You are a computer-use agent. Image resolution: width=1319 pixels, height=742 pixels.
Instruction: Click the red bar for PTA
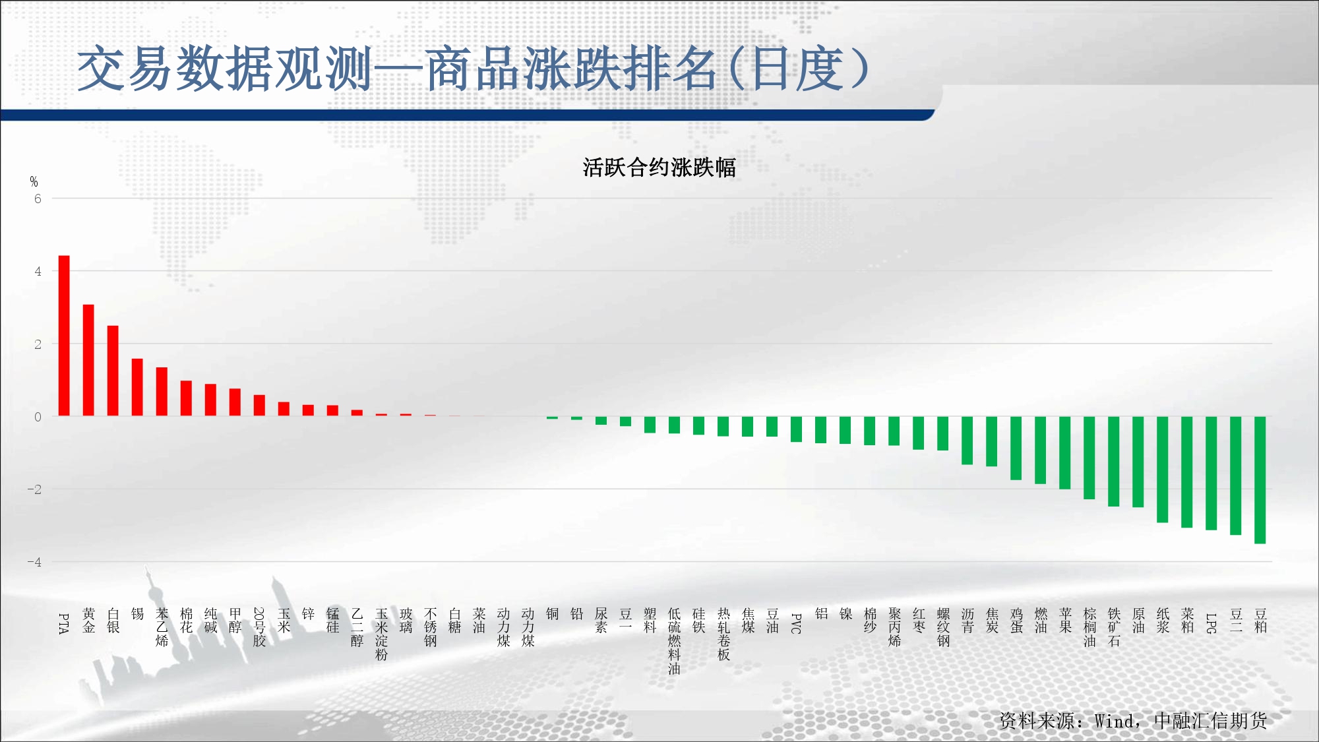click(x=64, y=336)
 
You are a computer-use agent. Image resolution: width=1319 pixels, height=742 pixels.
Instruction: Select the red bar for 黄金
click(x=88, y=360)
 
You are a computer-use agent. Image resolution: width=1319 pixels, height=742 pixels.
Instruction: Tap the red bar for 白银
click(x=113, y=371)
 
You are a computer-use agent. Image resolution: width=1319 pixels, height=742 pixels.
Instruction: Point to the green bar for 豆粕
click(x=1260, y=480)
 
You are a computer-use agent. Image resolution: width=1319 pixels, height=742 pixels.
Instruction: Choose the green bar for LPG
click(x=1211, y=473)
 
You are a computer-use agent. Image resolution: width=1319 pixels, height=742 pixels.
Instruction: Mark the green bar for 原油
click(x=1138, y=462)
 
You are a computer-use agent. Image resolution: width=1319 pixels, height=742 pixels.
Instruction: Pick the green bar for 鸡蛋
click(x=1016, y=448)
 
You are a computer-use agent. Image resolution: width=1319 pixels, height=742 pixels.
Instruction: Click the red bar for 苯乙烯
click(x=162, y=392)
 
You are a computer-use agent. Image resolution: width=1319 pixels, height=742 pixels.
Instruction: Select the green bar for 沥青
click(x=967, y=441)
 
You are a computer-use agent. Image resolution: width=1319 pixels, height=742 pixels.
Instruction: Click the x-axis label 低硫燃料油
click(x=674, y=641)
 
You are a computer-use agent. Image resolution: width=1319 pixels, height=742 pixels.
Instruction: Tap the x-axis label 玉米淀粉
click(x=381, y=634)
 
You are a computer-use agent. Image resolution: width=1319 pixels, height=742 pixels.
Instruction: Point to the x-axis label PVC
click(x=796, y=624)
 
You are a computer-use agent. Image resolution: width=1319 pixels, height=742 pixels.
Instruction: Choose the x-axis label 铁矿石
click(x=1114, y=627)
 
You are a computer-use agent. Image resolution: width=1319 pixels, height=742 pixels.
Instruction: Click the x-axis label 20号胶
click(x=259, y=627)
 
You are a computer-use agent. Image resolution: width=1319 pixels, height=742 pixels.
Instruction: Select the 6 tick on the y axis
click(x=38, y=199)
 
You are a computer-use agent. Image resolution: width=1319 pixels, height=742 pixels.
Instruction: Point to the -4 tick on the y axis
click(x=34, y=562)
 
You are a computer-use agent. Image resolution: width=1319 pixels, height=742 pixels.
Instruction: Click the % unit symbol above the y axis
click(x=34, y=181)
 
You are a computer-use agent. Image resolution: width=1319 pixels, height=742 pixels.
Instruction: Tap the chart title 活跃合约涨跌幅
click(x=659, y=168)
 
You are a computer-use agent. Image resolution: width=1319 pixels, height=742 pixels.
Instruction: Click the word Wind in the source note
click(x=1116, y=721)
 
